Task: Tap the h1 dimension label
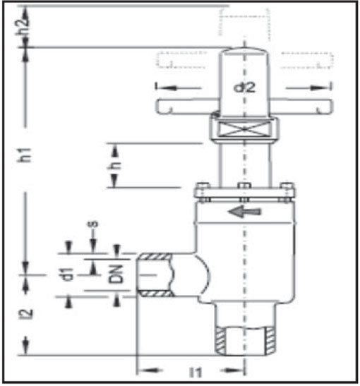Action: coord(24,155)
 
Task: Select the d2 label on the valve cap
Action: coord(244,88)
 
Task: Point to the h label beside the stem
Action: coord(114,165)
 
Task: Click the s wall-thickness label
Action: coord(93,224)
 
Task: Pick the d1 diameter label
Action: coord(67,274)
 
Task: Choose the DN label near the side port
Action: coord(116,274)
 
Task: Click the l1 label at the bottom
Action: coord(196,372)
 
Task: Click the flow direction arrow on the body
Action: coord(244,212)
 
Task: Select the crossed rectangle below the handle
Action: coord(244,129)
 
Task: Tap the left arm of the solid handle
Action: coord(187,106)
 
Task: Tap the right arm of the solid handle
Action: coord(301,106)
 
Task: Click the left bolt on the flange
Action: coord(203,193)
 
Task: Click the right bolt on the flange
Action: coord(287,193)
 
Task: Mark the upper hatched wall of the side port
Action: coord(155,257)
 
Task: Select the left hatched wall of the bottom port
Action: coord(220,340)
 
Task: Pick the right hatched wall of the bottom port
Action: coord(270,340)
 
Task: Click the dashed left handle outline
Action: coord(181,59)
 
